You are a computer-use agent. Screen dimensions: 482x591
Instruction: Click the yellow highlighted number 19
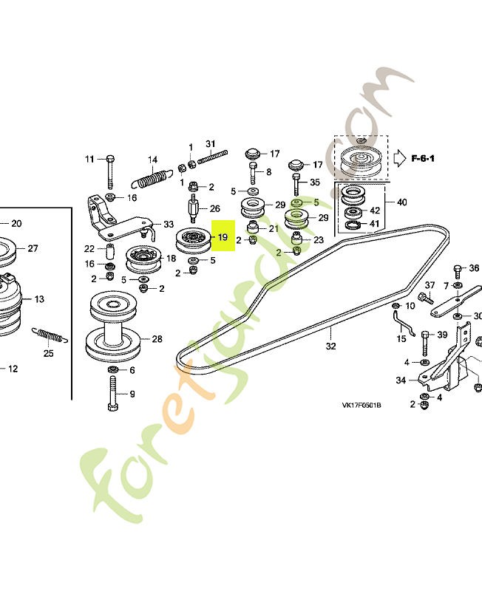tap(223, 237)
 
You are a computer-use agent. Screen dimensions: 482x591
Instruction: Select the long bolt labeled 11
tap(110, 171)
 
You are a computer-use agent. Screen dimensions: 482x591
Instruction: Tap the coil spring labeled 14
tap(152, 179)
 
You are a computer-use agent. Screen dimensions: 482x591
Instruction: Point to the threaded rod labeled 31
tap(213, 157)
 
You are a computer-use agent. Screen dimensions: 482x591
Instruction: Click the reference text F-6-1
tap(422, 158)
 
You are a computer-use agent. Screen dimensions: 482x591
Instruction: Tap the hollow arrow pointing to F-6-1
tap(399, 158)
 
